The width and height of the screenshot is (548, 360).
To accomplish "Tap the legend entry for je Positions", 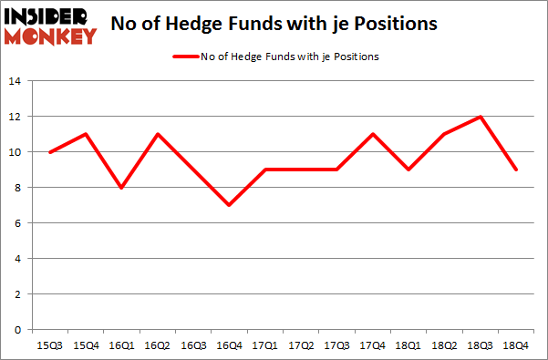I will click(274, 57).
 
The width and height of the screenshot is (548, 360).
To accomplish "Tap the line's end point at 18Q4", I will click(513, 170).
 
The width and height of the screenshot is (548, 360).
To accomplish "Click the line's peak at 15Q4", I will click(87, 134).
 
